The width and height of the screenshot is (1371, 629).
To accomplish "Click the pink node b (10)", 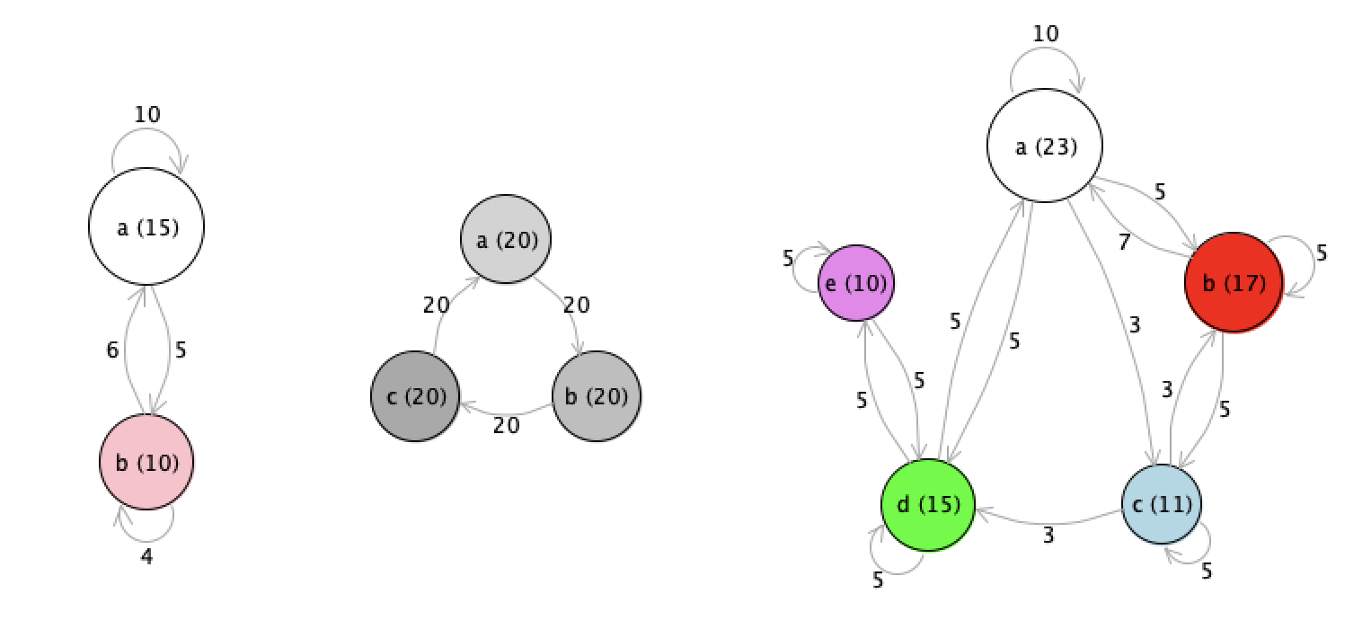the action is coord(147,462).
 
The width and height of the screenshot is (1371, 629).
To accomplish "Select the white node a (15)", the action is coord(146,226).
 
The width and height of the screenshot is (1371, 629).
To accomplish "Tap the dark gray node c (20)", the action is coord(416,396).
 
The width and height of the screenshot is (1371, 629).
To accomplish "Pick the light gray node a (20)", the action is coord(506,239).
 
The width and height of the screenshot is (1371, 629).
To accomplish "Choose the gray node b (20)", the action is coord(597,396).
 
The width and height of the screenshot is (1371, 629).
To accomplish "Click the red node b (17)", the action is coord(1234,283).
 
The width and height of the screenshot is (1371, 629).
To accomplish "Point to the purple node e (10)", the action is coord(856,283).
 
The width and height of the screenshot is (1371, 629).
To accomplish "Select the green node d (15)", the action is coord(928,505).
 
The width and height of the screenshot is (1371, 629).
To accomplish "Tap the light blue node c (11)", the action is coord(1162,504).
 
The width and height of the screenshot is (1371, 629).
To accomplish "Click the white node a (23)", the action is coord(1045,146).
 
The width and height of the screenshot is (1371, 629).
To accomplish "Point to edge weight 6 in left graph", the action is coord(112,350).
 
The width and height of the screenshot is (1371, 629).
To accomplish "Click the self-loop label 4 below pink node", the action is coord(146,556).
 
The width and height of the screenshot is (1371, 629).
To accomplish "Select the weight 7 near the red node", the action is coord(1124,243).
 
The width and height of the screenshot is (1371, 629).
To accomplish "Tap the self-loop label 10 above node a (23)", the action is coord(1046,33).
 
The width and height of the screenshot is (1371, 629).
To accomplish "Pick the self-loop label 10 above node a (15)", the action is coord(147,114).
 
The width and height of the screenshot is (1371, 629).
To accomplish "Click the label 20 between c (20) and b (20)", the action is coord(506,425).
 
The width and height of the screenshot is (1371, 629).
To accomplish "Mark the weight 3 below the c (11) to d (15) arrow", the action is coord(1048,536).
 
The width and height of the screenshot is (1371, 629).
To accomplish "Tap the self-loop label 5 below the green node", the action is coord(878,580).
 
